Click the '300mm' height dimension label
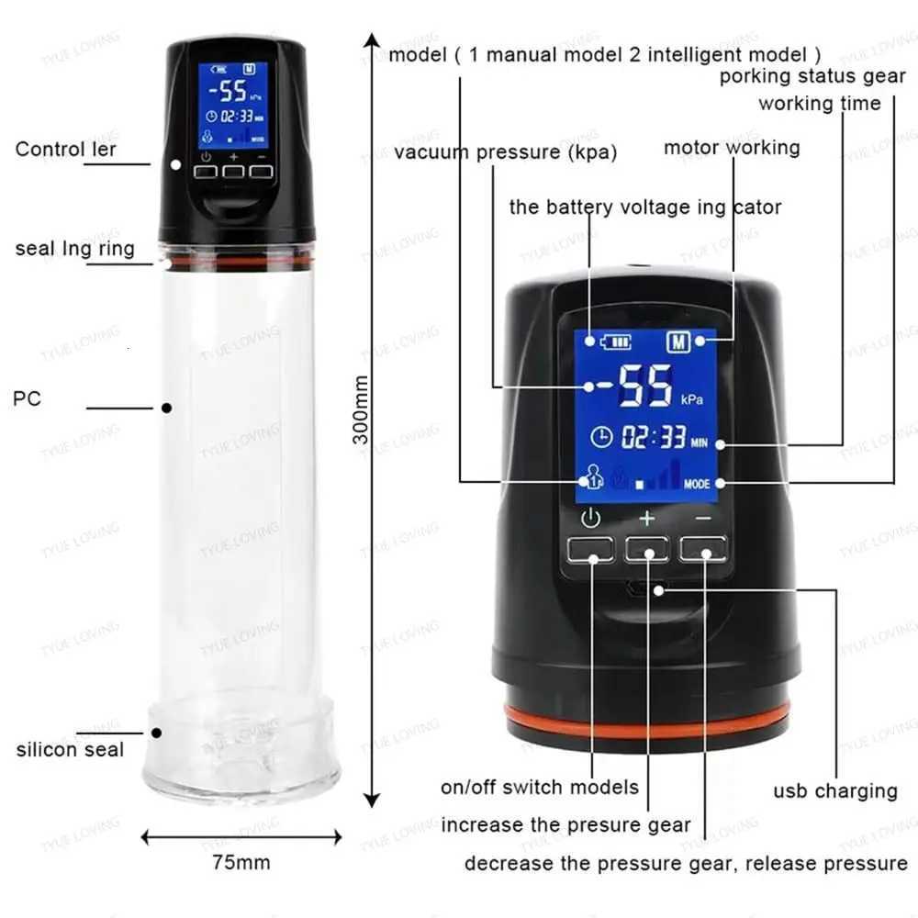[362, 409]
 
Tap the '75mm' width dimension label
[241, 862]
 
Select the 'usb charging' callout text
[834, 790]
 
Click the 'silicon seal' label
[70, 749]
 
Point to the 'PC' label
[28, 398]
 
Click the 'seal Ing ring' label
[74, 249]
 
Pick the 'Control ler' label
[66, 149]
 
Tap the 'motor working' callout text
[732, 148]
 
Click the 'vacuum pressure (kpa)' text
[506, 151]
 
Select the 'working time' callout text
[819, 104]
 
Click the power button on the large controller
[590, 549]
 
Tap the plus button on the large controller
[647, 549]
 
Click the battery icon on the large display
[616, 342]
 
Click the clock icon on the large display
[601, 437]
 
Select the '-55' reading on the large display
[634, 385]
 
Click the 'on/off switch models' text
[540, 787]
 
